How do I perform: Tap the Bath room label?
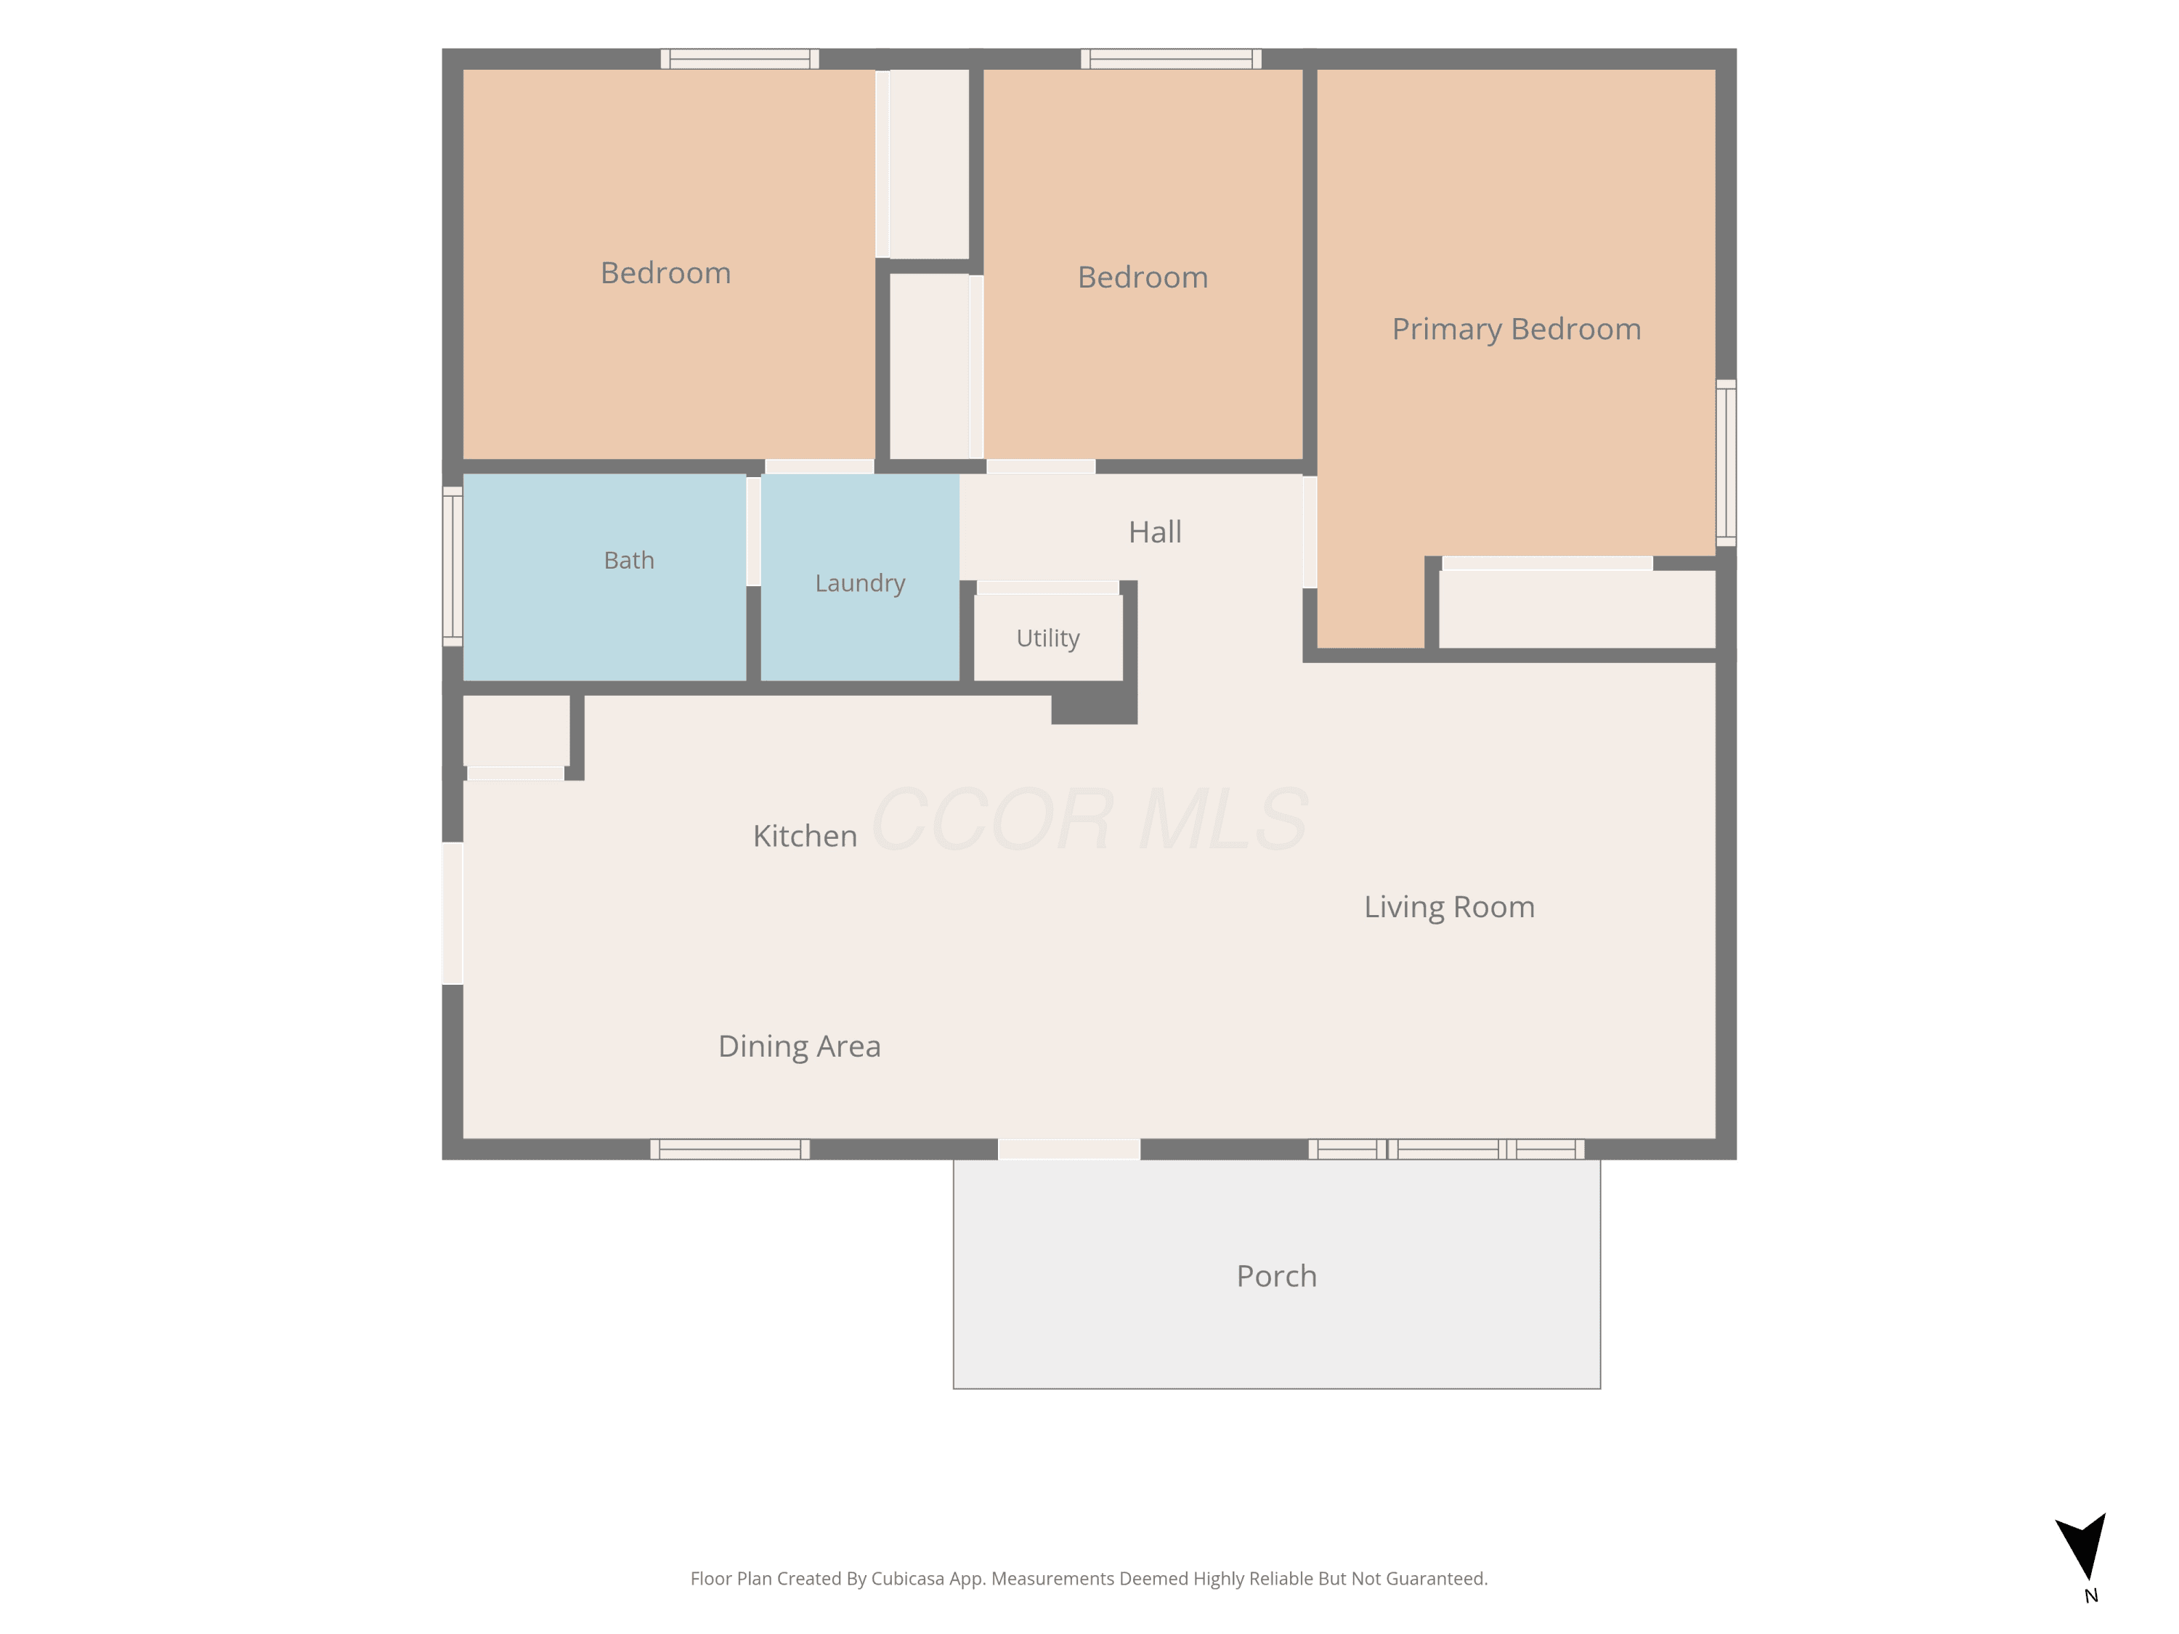coord(628,561)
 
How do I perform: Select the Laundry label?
coord(860,584)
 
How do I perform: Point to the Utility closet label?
coord(1048,638)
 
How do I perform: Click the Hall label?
coord(1155,532)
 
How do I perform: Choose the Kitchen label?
coord(805,836)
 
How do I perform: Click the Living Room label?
coord(1449,907)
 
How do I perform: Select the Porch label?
coord(1277,1277)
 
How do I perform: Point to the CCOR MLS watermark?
coord(1089,819)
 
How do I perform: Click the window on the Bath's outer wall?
coord(453,566)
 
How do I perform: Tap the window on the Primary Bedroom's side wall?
coord(1726,463)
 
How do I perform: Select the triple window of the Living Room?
coord(1446,1150)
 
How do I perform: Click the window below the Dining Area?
coord(730,1150)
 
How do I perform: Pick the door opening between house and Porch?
coord(1069,1150)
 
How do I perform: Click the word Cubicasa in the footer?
coord(907,1579)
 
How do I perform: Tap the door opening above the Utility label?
coord(1048,588)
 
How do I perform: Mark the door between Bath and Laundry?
coord(754,532)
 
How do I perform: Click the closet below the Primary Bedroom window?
coord(1577,610)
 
